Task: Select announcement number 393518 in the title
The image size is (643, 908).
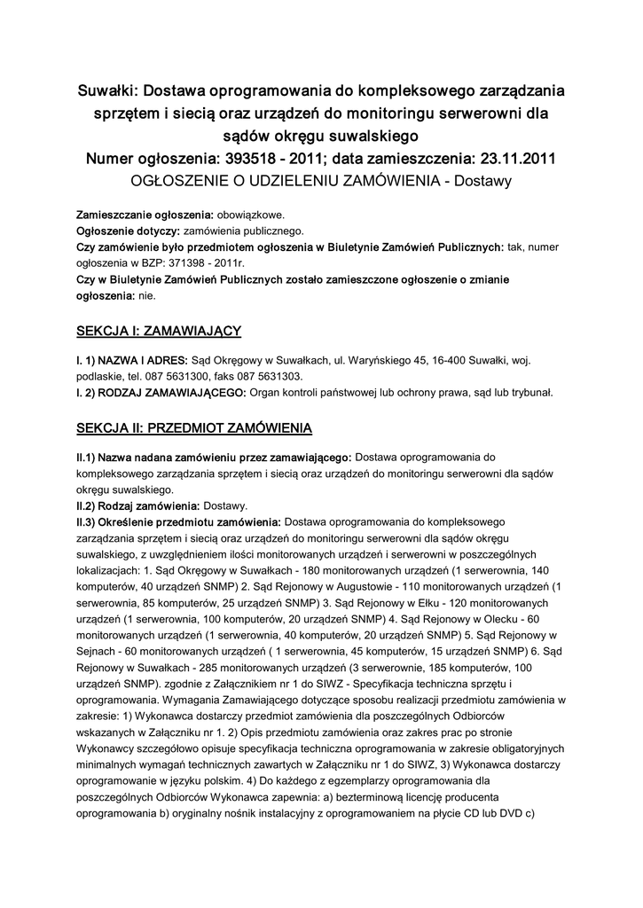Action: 269,159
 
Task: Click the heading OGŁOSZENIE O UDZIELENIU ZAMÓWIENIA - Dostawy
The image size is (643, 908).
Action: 321,181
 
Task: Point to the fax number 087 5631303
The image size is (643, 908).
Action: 270,376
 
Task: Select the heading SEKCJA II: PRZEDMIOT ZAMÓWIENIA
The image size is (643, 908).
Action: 194,428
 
